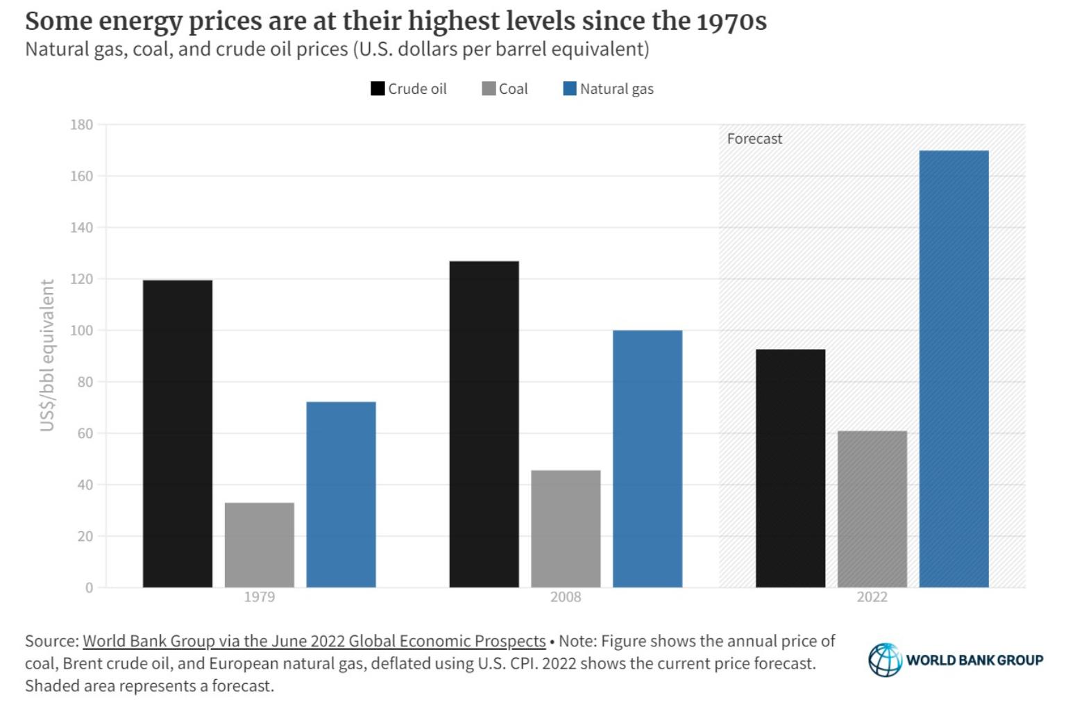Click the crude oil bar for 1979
tap(178, 433)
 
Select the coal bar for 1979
tap(260, 544)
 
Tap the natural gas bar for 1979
tap(341, 494)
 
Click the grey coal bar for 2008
tap(566, 528)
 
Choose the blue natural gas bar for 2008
tap(648, 458)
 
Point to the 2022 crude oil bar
tap(790, 468)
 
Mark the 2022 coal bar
tap(872, 509)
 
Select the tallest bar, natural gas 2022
tap(954, 369)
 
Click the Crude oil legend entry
tap(409, 89)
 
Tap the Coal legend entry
tap(505, 89)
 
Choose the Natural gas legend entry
tap(609, 89)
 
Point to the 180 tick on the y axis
tap(81, 125)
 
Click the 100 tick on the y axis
tap(81, 331)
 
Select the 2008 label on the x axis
tap(566, 597)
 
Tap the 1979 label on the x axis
tap(260, 597)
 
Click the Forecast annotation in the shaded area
tap(754, 139)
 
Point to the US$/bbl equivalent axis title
tap(47, 355)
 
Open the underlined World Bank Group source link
tap(314, 641)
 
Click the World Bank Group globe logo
tap(885, 660)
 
